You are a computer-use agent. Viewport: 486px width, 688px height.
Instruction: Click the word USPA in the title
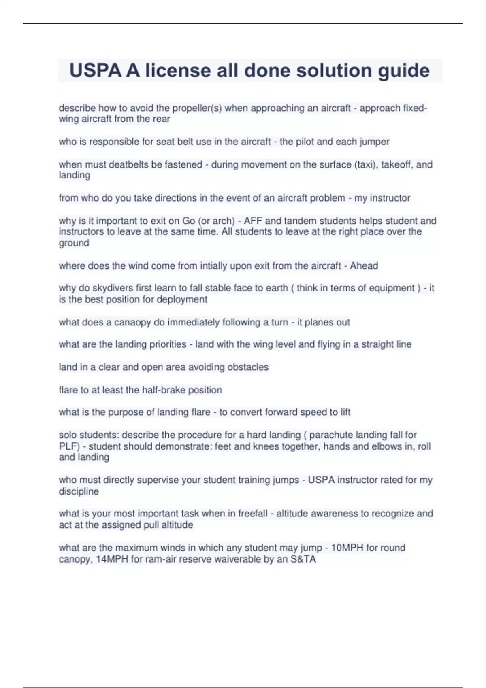95,71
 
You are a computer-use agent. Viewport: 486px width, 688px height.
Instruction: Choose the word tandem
298,221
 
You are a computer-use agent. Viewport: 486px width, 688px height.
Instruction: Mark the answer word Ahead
364,266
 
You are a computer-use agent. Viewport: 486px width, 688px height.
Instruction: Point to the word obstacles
248,367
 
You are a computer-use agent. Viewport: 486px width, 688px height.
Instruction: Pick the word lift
345,412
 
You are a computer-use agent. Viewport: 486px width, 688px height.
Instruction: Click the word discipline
79,491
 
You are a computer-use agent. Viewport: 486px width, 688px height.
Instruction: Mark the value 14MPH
112,559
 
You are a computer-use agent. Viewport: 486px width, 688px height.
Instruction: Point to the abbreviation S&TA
303,559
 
